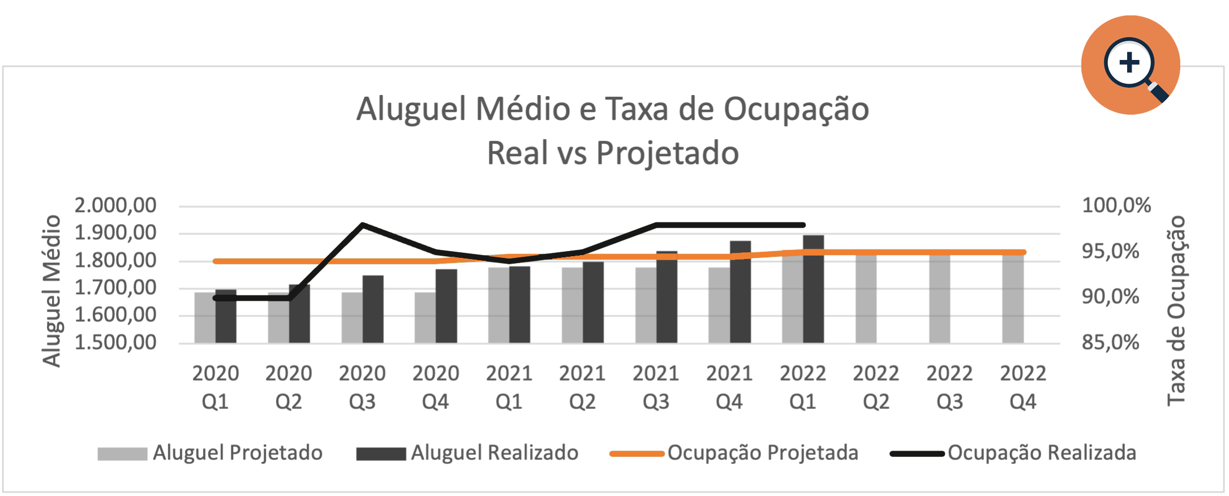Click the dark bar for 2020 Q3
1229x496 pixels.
tap(373, 310)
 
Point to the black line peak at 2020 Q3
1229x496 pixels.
tap(363, 225)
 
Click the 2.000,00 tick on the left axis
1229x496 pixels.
tap(115, 205)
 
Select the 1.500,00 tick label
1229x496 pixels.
tap(115, 343)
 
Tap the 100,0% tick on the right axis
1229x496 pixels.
tap(1116, 205)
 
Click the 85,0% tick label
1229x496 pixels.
tap(1110, 343)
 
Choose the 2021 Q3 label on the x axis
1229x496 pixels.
tap(656, 387)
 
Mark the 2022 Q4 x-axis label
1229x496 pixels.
tap(1022, 387)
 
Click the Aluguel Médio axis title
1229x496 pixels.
tap(52, 291)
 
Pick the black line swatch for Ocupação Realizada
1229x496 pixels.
tap(917, 454)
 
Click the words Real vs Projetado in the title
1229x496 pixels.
tap(613, 153)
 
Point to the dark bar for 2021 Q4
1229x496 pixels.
tap(740, 292)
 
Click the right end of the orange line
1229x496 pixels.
tap(1023, 253)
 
